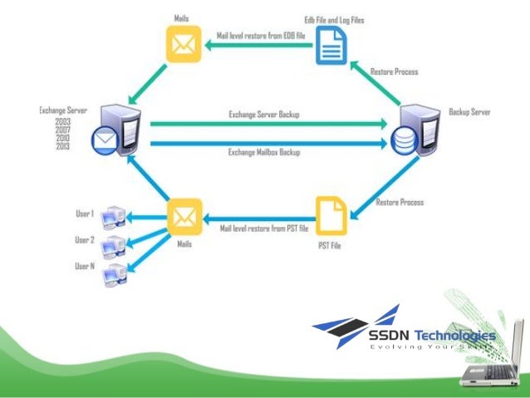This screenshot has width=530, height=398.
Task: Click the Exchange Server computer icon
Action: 115,131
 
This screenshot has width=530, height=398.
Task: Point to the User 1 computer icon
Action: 111,219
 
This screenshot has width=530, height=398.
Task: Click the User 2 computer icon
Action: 111,245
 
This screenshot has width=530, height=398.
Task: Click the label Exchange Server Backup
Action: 264,114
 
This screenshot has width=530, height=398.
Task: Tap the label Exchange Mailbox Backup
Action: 264,152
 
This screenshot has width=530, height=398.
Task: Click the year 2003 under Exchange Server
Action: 63,121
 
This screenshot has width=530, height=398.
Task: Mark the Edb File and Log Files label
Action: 333,18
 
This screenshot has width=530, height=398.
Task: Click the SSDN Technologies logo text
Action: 432,336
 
